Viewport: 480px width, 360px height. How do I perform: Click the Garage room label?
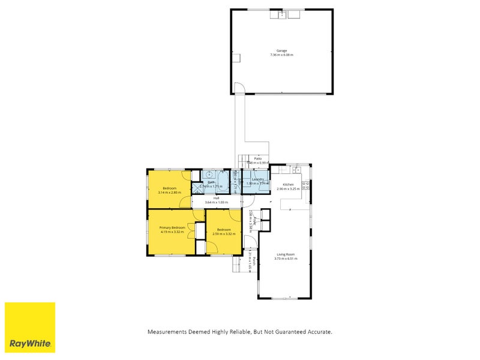tap(281, 50)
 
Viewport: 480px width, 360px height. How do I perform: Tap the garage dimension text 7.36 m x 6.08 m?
tap(281, 55)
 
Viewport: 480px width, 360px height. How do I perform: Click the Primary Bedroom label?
tap(172, 228)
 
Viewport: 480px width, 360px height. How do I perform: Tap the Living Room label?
tap(285, 254)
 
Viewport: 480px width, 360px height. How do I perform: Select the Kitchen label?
tap(288, 184)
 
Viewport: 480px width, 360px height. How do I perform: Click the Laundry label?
tap(258, 179)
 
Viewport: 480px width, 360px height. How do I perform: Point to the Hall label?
tap(216, 198)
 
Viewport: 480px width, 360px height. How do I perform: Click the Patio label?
tap(258, 159)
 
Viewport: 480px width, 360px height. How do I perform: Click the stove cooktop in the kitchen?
tap(305, 185)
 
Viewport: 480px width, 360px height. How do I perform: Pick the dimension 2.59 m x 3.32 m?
tap(224, 233)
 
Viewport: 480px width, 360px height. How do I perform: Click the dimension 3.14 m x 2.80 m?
tap(169, 193)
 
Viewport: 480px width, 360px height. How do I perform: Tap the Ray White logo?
tap(30, 328)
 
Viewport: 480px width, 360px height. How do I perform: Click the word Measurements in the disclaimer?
tap(167, 332)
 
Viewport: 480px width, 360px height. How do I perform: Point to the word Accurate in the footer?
tap(319, 332)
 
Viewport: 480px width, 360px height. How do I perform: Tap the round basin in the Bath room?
tap(209, 175)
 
